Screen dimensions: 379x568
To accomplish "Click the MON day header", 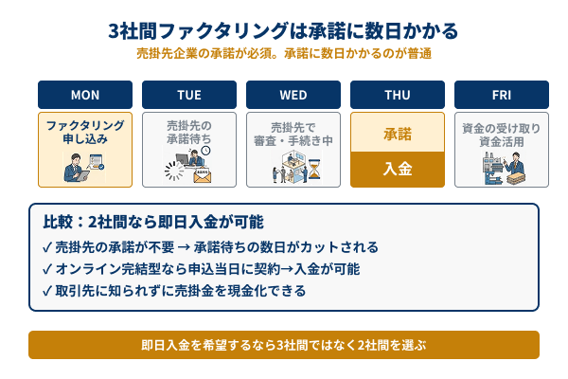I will [x=85, y=95].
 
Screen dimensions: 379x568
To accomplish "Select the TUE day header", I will [x=189, y=95].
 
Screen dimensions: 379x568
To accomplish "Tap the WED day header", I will [x=293, y=95].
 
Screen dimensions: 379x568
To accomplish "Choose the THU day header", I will [x=398, y=95].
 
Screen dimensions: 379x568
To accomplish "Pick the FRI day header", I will [x=502, y=95].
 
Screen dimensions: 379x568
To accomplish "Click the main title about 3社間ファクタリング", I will [x=284, y=31].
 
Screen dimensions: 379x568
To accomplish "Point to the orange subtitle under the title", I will [x=284, y=54].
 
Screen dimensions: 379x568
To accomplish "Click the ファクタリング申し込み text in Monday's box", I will [x=85, y=132].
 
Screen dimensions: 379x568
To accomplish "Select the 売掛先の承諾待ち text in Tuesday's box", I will [x=189, y=132].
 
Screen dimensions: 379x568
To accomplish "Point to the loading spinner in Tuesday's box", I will [x=173, y=171].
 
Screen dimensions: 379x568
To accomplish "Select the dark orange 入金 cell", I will [x=398, y=170].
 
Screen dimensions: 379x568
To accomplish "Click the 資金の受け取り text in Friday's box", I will [x=502, y=126].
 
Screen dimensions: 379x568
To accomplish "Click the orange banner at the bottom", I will [x=284, y=345].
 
